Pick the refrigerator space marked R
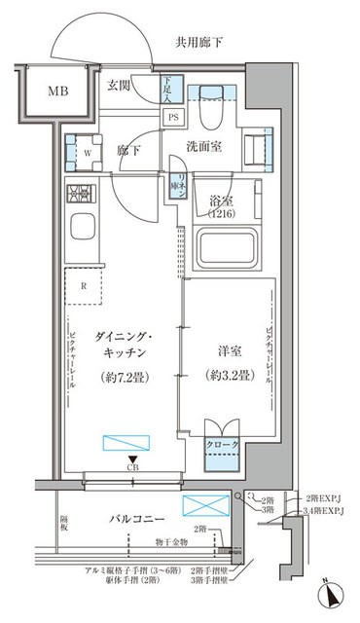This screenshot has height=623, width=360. tap(86, 285)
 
